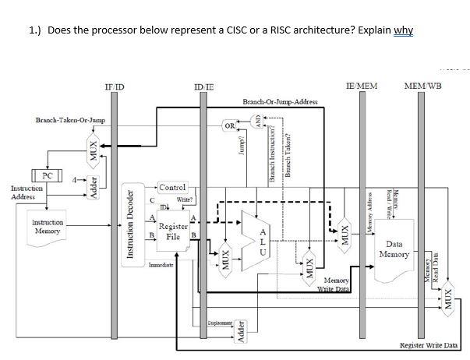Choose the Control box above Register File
click(172, 187)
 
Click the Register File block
click(173, 230)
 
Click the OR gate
click(229, 125)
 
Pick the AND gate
click(256, 121)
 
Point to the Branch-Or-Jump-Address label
click(281, 102)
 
